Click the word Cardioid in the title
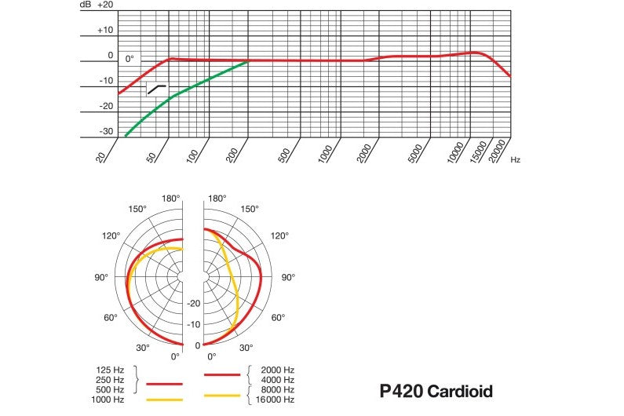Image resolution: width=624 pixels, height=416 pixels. click(x=460, y=391)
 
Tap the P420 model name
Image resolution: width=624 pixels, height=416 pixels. click(x=401, y=391)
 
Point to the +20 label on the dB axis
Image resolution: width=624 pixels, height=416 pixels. click(x=105, y=5)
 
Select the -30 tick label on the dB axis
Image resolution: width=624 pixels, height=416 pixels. click(x=106, y=131)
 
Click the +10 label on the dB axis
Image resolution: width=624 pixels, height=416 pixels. click(x=105, y=31)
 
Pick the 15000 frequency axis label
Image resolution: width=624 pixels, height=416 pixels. click(x=478, y=151)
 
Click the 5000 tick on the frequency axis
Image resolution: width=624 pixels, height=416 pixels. click(x=415, y=153)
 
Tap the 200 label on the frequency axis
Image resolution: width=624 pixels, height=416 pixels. click(x=232, y=155)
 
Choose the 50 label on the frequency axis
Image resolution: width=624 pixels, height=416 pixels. click(x=151, y=157)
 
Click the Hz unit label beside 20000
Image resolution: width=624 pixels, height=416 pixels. click(x=516, y=159)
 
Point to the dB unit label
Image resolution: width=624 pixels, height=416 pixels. click(x=86, y=5)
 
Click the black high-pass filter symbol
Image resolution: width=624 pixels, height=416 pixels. click(x=156, y=89)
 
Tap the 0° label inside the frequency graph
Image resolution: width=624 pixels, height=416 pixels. click(x=130, y=59)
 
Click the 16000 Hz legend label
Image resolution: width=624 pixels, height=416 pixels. click(x=275, y=400)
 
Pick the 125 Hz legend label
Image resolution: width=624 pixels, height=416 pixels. click(x=110, y=370)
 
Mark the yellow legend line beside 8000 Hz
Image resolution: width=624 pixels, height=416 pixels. click(x=222, y=396)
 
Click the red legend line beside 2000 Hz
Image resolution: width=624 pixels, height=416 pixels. click(x=222, y=374)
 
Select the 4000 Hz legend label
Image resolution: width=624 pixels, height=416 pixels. click(x=278, y=380)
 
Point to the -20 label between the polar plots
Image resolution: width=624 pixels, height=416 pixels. click(x=194, y=303)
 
